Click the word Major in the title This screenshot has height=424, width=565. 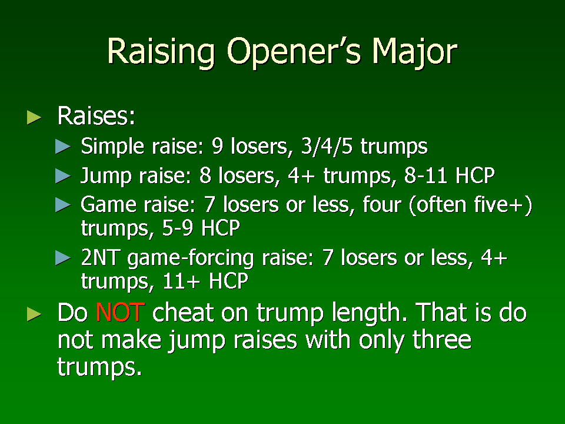point(415,52)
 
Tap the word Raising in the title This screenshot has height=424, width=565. point(161,52)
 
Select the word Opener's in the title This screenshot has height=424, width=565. point(294,52)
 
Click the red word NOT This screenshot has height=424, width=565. point(120,312)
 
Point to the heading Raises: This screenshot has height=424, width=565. point(96,116)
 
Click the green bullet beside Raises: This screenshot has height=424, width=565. point(34,118)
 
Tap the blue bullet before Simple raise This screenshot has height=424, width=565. point(63,147)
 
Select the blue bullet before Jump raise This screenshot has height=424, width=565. point(63,176)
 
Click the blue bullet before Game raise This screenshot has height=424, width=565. point(63,205)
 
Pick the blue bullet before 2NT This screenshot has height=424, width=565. point(63,258)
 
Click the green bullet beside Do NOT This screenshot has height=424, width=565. point(34,314)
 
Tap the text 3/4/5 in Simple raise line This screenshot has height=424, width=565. point(327,147)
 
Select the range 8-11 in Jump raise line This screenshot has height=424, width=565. point(426,175)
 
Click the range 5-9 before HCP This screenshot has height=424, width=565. point(178,228)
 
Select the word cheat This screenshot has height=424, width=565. point(182,312)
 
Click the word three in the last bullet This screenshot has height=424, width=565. point(442,340)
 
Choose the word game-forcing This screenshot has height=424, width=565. point(191,259)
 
